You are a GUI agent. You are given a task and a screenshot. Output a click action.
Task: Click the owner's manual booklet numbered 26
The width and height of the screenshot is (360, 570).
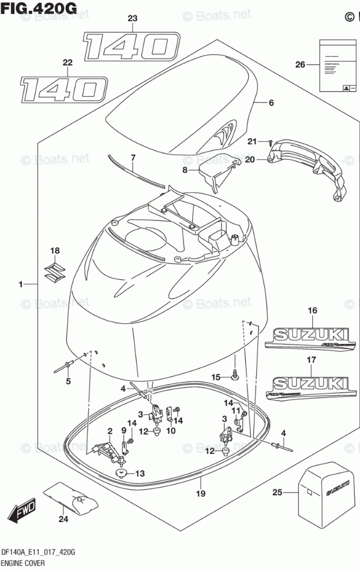336,65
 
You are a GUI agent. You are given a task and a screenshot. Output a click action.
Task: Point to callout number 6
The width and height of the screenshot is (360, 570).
271,103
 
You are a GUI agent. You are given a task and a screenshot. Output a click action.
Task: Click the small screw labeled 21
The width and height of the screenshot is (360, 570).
269,141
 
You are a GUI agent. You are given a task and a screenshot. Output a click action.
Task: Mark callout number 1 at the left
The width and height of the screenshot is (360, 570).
21,283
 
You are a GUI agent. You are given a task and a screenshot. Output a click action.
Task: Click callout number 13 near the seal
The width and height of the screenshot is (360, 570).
140,473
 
